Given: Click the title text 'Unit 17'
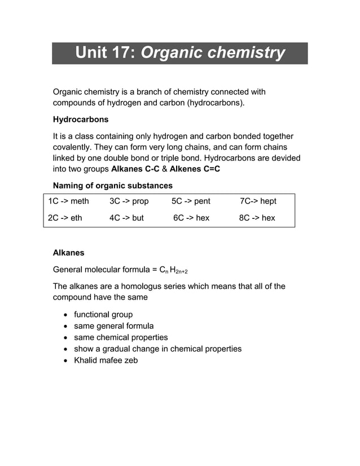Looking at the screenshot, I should pyautogui.click(x=105, y=53).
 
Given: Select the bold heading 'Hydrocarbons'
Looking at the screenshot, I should pyautogui.click(x=81, y=120).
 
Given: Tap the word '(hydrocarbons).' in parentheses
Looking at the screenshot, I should pyautogui.click(x=217, y=103).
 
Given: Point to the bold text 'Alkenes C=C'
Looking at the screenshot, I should pyautogui.click(x=195, y=169).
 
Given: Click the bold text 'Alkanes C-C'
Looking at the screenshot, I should pyautogui.click(x=135, y=169).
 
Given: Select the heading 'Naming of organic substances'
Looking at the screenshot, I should pyautogui.click(x=112, y=186).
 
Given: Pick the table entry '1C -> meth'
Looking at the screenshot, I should pyautogui.click(x=68, y=201).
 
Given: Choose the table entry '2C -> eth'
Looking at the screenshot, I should pyautogui.click(x=65, y=218).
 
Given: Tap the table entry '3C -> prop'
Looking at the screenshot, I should pyautogui.click(x=129, y=201).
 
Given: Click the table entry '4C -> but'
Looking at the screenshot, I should pyautogui.click(x=126, y=218).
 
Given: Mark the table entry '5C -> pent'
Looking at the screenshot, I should pyautogui.click(x=191, y=201).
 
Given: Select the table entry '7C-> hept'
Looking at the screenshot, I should pyautogui.click(x=258, y=201).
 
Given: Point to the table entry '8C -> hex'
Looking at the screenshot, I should pyautogui.click(x=257, y=218).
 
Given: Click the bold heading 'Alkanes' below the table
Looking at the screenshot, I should pyautogui.click(x=68, y=253).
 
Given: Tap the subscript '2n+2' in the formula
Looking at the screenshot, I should pyautogui.click(x=180, y=271).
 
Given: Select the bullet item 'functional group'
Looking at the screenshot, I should pyautogui.click(x=103, y=314).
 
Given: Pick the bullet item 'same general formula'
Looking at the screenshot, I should pyautogui.click(x=113, y=326).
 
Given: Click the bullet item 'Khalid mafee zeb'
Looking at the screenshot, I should pyautogui.click(x=106, y=360).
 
